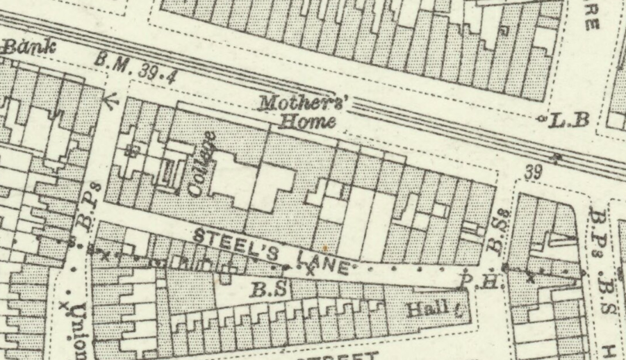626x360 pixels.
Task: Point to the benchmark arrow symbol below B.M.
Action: coord(109,101)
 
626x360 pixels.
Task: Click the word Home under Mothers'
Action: coord(308,123)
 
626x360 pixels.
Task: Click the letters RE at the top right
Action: coord(592,17)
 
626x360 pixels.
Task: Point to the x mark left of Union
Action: coord(63,305)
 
